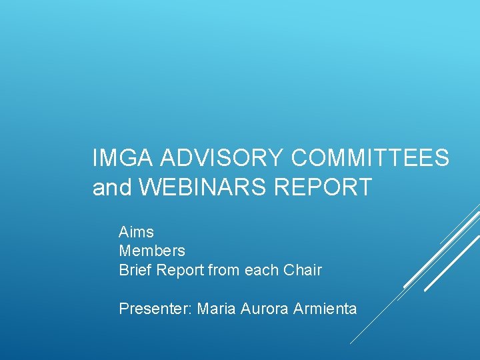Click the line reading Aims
(x=136, y=232)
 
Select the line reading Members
(x=152, y=251)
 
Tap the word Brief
(x=133, y=270)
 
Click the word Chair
(x=303, y=270)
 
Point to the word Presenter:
(x=155, y=309)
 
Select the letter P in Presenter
(x=123, y=309)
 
